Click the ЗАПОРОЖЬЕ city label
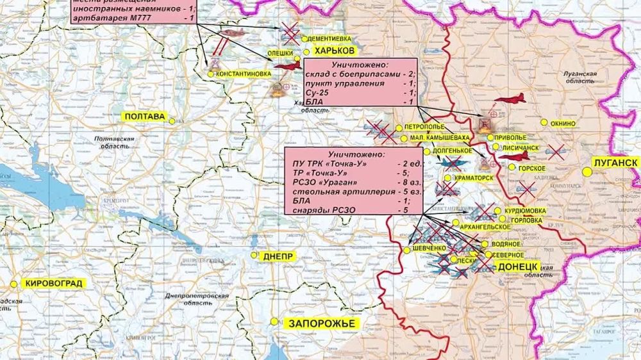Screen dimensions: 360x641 [x=321, y=323]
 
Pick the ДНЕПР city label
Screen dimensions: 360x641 [x=278, y=256]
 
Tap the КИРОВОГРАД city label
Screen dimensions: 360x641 [x=54, y=283]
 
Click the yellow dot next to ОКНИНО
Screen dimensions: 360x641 [x=544, y=122]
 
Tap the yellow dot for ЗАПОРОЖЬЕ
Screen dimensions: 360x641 [x=274, y=322]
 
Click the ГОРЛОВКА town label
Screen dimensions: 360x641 [x=524, y=219]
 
